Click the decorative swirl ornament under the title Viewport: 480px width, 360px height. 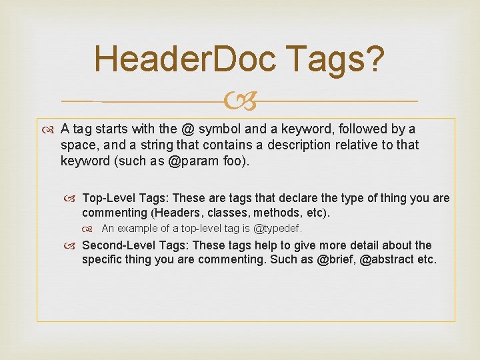240,101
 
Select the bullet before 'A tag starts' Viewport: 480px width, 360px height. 51,129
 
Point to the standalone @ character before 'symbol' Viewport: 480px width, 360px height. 189,129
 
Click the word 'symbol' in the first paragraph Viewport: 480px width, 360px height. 218,129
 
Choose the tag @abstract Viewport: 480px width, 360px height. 389,259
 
